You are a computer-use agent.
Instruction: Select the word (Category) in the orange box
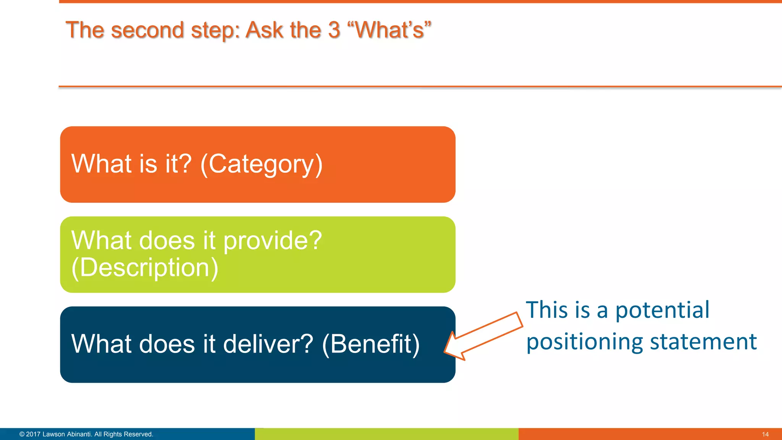[x=262, y=165]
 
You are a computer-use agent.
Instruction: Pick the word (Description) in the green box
[x=145, y=268]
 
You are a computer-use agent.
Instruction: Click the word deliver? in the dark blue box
[x=268, y=344]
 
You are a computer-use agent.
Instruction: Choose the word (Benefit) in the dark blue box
[x=371, y=344]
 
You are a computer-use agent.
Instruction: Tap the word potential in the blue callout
[x=662, y=310]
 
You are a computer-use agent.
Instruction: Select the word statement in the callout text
[x=703, y=341]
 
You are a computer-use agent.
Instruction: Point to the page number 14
[x=765, y=434]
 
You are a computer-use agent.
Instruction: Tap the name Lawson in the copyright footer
[x=53, y=434]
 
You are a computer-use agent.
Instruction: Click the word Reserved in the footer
[x=138, y=434]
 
